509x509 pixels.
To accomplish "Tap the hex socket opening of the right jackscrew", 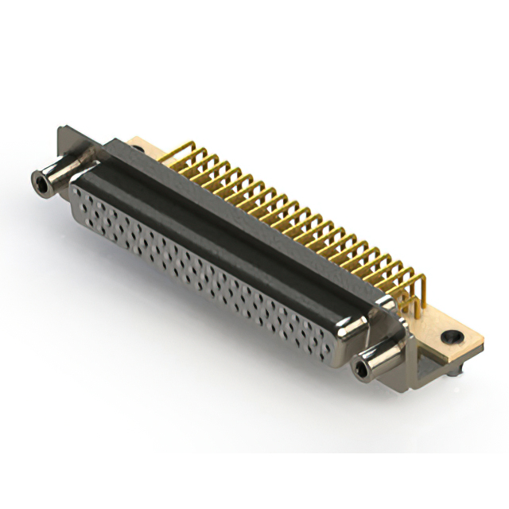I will pos(363,368).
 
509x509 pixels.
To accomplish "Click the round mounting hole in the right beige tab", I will pos(451,337).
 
